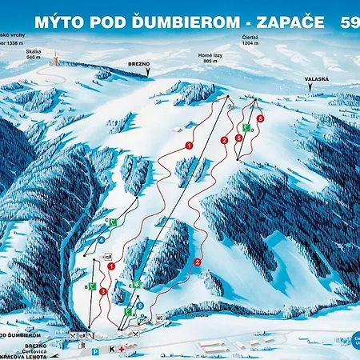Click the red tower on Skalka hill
point(55,59)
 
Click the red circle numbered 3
point(103,291)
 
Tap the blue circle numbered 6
point(140,305)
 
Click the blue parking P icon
point(95,350)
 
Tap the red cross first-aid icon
point(122,350)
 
